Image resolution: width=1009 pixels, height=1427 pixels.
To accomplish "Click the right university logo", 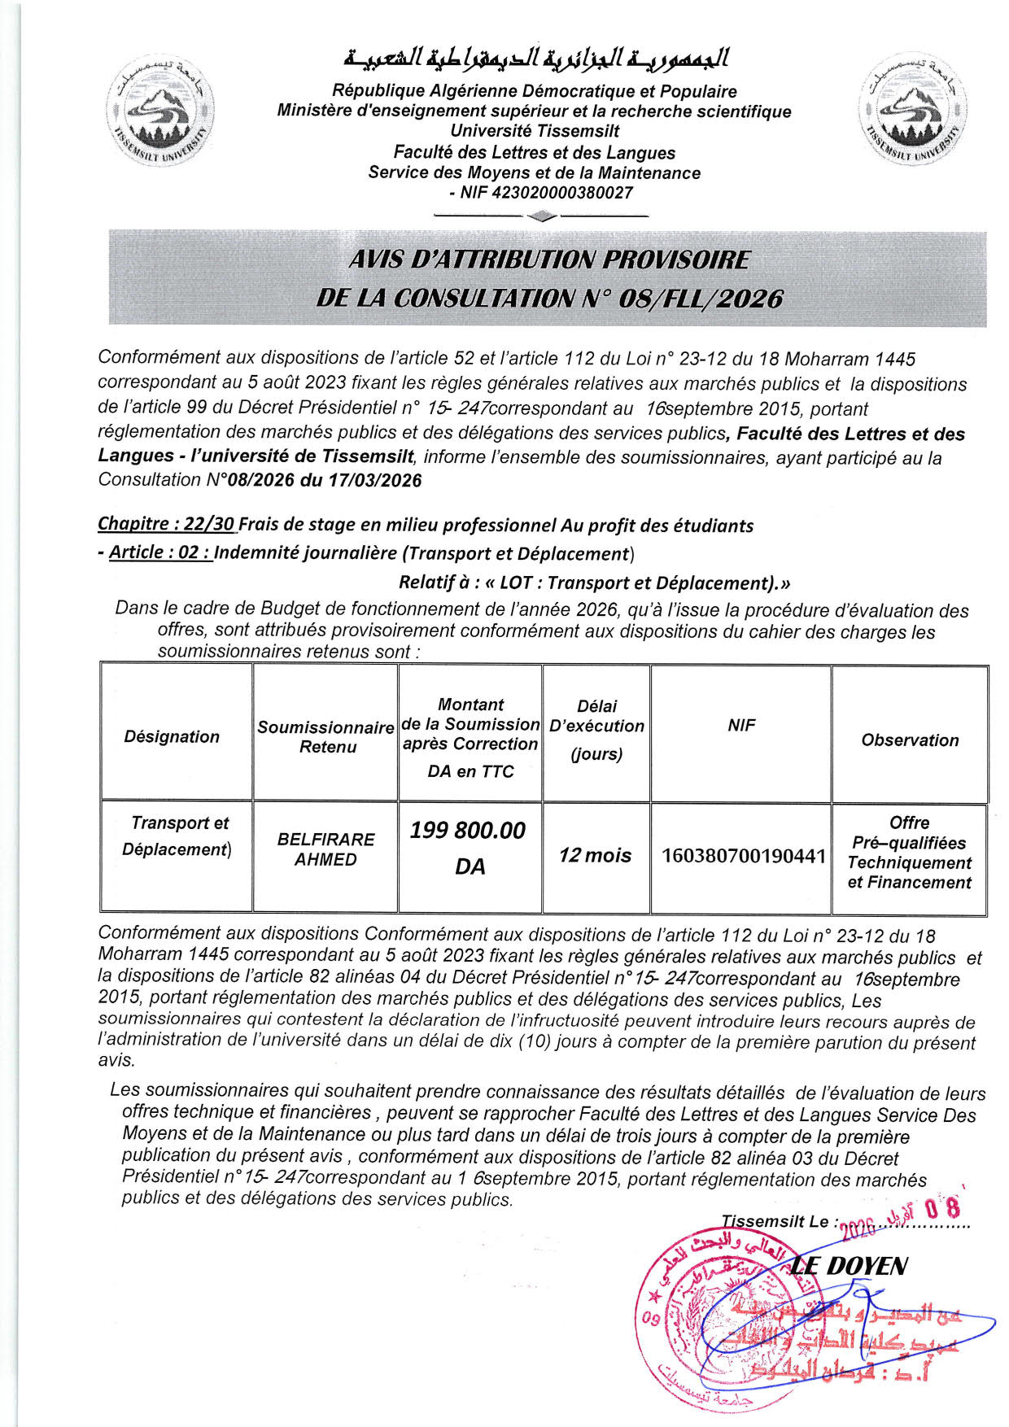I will coord(912,111).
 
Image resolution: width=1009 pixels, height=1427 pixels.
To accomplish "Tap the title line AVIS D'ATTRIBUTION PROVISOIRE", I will coord(548,260).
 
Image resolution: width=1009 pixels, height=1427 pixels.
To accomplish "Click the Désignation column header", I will coord(172,736).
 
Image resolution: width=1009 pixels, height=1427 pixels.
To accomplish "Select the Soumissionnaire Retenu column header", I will coord(326,736).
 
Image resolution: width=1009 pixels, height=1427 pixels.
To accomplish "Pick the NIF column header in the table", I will coord(741,725).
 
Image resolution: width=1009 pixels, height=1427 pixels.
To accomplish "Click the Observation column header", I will coord(910,740).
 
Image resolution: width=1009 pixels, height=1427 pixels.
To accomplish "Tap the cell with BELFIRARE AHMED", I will coord(325,849).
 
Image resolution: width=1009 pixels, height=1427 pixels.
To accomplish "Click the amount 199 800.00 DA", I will coord(469,848).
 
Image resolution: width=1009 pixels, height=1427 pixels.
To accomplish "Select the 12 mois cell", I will coord(595,855).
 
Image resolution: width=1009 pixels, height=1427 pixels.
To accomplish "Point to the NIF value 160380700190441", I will coord(744,856).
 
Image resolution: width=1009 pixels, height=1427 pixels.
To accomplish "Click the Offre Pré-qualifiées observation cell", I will coord(909,853).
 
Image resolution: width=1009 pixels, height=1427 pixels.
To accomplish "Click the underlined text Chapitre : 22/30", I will coord(166,525).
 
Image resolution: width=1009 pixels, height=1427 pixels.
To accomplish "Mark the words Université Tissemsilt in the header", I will coord(535,131).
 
